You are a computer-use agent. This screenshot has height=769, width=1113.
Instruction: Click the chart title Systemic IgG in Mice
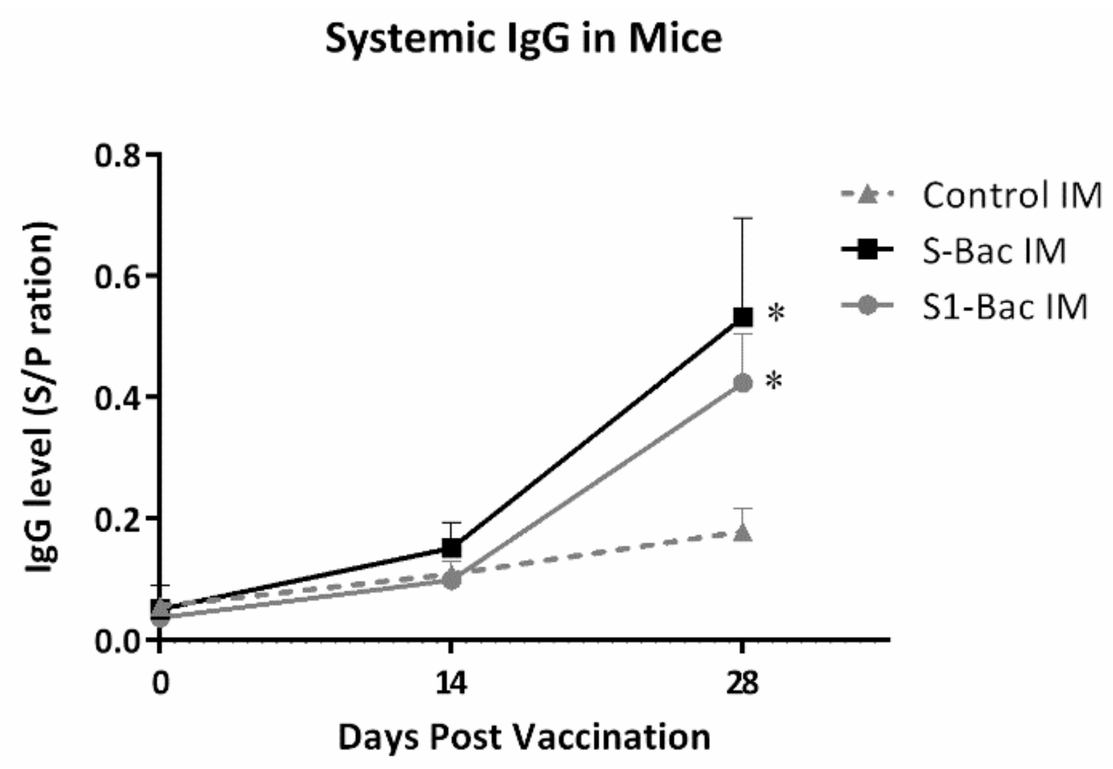pyautogui.click(x=523, y=39)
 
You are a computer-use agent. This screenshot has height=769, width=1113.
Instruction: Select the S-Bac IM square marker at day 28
pyautogui.click(x=743, y=317)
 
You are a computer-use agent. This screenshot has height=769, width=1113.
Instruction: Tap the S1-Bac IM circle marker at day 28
pyautogui.click(x=743, y=383)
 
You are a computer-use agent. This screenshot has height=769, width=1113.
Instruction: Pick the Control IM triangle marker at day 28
pyautogui.click(x=743, y=532)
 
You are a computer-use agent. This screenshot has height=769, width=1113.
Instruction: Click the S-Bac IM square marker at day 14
pyautogui.click(x=452, y=547)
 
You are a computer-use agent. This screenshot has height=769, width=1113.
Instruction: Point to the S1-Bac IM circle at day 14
pyautogui.click(x=452, y=579)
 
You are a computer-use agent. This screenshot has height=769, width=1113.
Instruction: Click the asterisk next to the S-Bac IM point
pyautogui.click(x=776, y=314)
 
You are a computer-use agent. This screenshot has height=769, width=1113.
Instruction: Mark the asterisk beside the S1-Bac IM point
pyautogui.click(x=774, y=382)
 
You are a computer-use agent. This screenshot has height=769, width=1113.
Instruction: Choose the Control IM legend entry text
pyautogui.click(x=1012, y=196)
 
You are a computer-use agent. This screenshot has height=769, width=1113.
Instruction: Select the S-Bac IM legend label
pyautogui.click(x=994, y=251)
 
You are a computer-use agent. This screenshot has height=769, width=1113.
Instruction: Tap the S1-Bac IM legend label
pyautogui.click(x=1004, y=306)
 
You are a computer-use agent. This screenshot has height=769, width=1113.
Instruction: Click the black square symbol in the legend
pyautogui.click(x=867, y=251)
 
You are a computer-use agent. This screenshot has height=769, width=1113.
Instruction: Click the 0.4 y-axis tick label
pyautogui.click(x=117, y=398)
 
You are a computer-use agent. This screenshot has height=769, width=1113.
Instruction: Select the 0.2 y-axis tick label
pyautogui.click(x=117, y=520)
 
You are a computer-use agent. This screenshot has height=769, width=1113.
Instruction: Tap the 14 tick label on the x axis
pyautogui.click(x=450, y=684)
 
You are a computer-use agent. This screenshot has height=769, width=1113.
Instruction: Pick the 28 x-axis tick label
pyautogui.click(x=742, y=684)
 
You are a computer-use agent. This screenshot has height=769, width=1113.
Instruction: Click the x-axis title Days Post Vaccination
pyautogui.click(x=523, y=737)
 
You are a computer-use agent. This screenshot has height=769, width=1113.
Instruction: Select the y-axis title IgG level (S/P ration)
pyautogui.click(x=41, y=397)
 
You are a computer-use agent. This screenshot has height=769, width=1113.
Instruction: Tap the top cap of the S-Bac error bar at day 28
pyautogui.click(x=743, y=219)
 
